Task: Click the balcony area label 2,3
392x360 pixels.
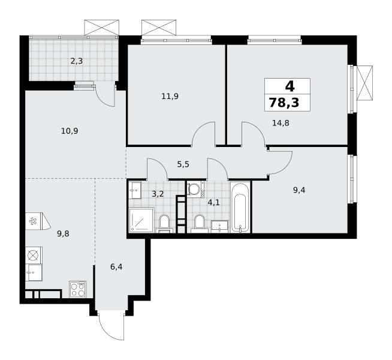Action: point(77,61)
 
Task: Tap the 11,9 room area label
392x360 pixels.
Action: point(170,97)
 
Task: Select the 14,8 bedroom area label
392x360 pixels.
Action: point(281,123)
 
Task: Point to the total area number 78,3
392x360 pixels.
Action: point(284,103)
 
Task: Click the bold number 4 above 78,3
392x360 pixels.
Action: point(290,86)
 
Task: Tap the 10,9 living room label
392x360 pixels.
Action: point(70,131)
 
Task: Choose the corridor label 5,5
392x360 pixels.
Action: point(183,164)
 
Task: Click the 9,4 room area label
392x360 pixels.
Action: point(299,190)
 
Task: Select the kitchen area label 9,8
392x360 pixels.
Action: point(63,234)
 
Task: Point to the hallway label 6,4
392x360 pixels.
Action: point(116,267)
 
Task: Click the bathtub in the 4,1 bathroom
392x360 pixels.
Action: point(240,208)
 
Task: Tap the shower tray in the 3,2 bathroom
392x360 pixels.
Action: point(141,220)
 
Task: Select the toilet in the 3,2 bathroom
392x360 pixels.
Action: point(164,223)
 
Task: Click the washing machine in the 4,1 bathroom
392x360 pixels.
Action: point(195,190)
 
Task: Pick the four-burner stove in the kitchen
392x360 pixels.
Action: point(78,289)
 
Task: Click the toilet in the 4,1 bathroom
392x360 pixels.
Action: point(199,223)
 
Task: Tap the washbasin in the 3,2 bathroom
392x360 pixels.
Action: point(135,190)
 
